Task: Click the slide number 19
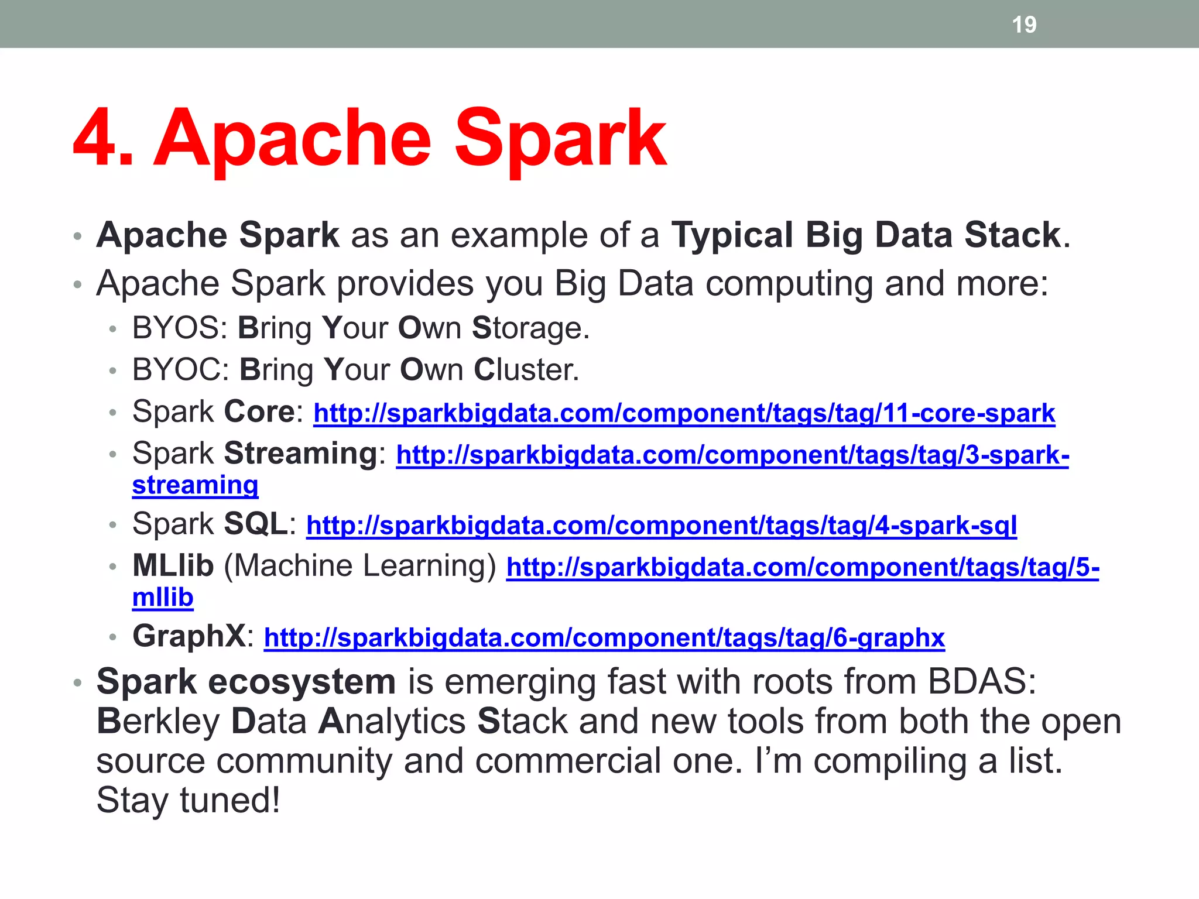[x=1024, y=25]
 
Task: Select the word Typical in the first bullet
[x=732, y=236]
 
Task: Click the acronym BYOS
[x=176, y=328]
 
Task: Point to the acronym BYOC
[x=177, y=370]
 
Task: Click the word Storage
[x=530, y=328]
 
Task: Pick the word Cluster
[x=526, y=370]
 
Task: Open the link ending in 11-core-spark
[x=684, y=413]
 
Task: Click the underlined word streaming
[x=195, y=485]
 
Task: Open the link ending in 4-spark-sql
[x=661, y=526]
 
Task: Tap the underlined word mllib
[x=163, y=598]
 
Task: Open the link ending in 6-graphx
[x=604, y=637]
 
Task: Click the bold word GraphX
[x=189, y=636]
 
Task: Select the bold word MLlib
[x=173, y=566]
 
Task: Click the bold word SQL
[x=256, y=524]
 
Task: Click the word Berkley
[x=157, y=721]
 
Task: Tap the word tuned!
[x=229, y=800]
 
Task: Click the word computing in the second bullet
[x=788, y=284]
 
